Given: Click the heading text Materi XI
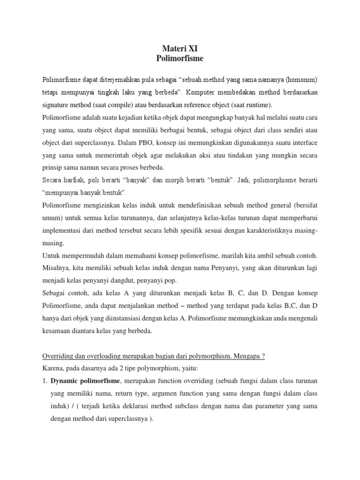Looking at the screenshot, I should pos(180,48).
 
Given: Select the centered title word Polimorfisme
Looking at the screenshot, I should pos(180,59).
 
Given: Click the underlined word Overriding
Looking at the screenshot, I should pos(60,356).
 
